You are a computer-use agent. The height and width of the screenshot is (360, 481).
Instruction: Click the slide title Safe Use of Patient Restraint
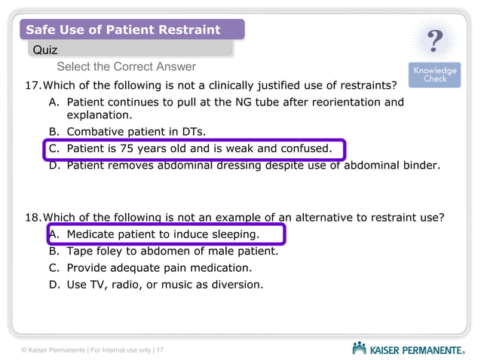point(123,30)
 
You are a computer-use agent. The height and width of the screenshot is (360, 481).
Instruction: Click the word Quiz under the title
point(45,50)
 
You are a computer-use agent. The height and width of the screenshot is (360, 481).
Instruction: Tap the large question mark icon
point(435,41)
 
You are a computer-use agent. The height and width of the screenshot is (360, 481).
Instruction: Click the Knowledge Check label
point(435,75)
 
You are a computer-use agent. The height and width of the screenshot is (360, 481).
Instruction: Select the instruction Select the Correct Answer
point(126,67)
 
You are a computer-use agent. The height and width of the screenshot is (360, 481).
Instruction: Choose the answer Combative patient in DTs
point(136,131)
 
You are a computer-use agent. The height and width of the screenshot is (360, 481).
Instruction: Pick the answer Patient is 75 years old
point(199,148)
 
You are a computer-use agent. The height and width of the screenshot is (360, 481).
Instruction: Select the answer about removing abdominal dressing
point(253,165)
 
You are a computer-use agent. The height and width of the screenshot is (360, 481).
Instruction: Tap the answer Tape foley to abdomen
point(172,251)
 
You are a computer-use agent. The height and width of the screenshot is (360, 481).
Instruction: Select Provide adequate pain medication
point(159,267)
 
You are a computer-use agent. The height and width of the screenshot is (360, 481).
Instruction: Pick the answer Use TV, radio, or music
point(164,284)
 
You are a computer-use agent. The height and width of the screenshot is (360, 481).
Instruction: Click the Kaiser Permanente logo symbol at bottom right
point(359,349)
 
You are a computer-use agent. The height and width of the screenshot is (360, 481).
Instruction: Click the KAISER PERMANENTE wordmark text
point(417,349)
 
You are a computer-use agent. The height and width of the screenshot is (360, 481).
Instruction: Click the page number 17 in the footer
point(161,350)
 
